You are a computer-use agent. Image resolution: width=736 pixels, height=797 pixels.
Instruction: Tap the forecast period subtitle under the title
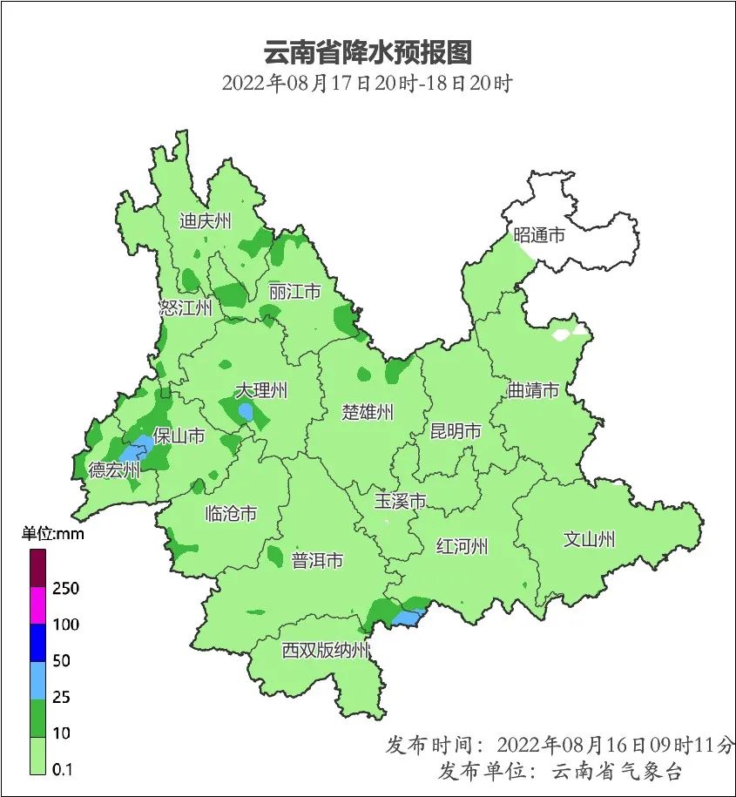[368, 84]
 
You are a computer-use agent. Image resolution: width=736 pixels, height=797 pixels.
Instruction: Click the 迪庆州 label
[206, 221]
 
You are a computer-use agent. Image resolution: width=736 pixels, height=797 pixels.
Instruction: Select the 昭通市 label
[539, 235]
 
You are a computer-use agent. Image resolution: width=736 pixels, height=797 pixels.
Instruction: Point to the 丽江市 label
[294, 292]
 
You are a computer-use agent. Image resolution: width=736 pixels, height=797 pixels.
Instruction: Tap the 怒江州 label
[186, 308]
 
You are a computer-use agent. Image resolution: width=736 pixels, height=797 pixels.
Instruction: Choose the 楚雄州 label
[367, 412]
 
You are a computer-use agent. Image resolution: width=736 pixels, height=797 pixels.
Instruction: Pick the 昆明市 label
[456, 431]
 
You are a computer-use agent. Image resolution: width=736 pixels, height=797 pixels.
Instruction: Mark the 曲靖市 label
[533, 391]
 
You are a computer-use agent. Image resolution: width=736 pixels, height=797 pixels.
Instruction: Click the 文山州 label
[589, 540]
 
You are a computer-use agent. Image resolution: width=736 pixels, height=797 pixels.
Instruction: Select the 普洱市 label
[317, 561]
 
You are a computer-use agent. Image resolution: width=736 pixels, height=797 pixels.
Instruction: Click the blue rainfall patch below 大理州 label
[246, 411]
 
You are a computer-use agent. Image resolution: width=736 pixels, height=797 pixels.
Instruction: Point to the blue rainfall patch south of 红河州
[405, 618]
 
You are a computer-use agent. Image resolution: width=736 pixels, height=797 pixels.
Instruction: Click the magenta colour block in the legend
[37, 605]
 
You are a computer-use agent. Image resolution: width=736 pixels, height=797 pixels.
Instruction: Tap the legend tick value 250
[65, 589]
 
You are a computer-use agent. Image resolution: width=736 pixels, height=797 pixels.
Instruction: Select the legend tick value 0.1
[62, 769]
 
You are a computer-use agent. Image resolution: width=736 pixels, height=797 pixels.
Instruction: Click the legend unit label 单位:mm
[53, 534]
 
